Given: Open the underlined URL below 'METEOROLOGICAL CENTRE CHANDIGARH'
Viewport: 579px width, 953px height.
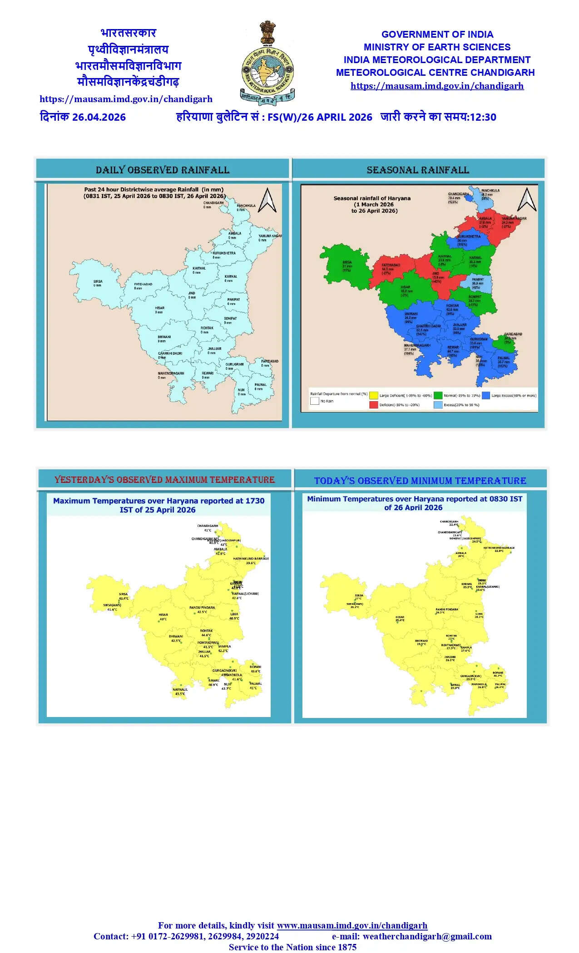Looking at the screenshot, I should point(437,86).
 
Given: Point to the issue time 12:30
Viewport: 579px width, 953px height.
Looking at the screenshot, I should point(483,117).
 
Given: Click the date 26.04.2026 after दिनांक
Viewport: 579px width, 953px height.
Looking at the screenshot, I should point(99,117).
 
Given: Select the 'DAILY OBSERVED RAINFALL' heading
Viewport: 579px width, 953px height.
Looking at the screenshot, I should point(163,170).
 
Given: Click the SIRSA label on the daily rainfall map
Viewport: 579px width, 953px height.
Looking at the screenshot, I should point(98,281).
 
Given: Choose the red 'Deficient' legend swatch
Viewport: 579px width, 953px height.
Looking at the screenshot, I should point(373,404).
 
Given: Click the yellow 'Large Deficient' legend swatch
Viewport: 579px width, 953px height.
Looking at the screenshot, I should point(373,395).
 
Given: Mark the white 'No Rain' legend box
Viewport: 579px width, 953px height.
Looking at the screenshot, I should point(314,401).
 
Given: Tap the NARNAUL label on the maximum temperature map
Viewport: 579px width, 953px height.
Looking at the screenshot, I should point(180,689).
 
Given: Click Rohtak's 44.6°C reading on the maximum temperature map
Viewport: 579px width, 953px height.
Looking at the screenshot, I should point(206,635).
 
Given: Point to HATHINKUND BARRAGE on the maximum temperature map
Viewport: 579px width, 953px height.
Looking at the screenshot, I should point(251,559).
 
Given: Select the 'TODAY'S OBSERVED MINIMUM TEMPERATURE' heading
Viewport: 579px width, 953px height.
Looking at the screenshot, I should point(420,481).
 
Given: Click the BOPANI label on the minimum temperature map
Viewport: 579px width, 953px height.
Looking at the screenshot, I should point(498,673).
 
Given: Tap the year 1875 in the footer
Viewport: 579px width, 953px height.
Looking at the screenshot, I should point(347,947).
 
